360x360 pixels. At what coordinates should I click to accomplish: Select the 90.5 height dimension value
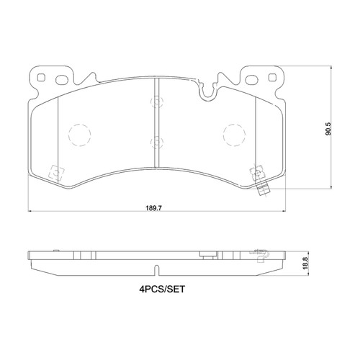(x=328, y=130)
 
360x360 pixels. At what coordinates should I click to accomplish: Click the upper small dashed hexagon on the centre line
(x=157, y=102)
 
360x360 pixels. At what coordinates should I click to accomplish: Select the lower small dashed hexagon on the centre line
(x=157, y=141)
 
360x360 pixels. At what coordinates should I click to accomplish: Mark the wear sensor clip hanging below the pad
(x=264, y=192)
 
